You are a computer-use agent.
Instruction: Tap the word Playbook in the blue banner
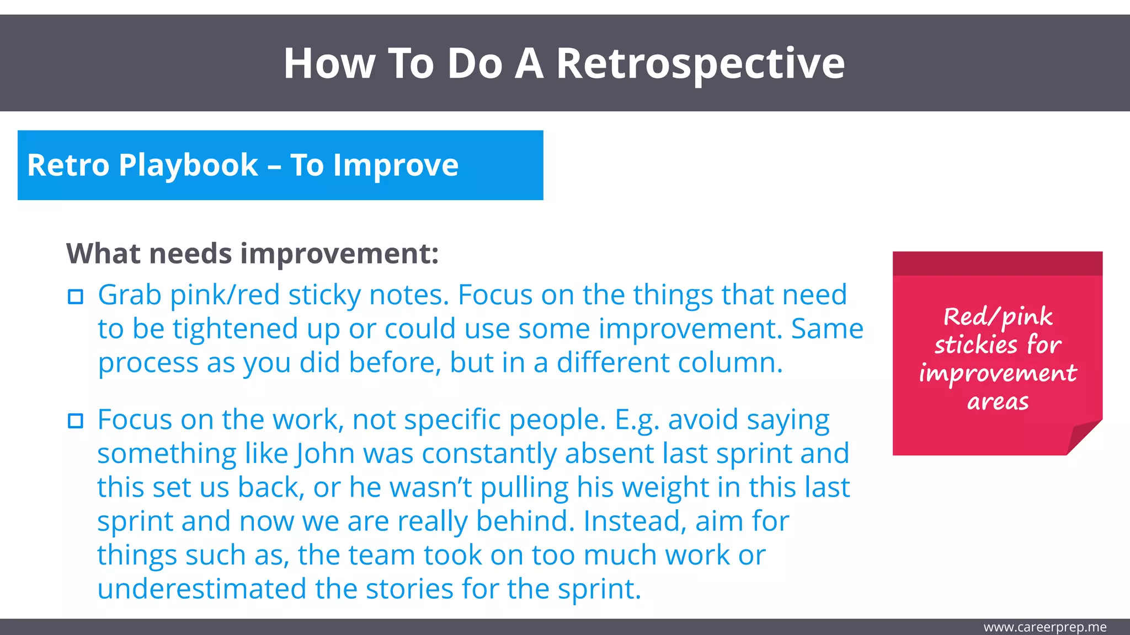[x=188, y=165]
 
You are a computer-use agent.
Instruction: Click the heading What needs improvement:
[x=252, y=254]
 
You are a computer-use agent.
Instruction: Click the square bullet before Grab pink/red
[x=76, y=297]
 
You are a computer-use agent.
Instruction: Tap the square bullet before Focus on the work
[x=76, y=421]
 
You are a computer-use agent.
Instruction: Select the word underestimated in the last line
[x=201, y=589]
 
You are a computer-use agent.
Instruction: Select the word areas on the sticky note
[x=998, y=402]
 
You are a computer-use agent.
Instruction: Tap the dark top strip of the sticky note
[x=998, y=263]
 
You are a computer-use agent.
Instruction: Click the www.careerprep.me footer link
[x=1044, y=627]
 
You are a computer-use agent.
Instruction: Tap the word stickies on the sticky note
[x=975, y=345]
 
